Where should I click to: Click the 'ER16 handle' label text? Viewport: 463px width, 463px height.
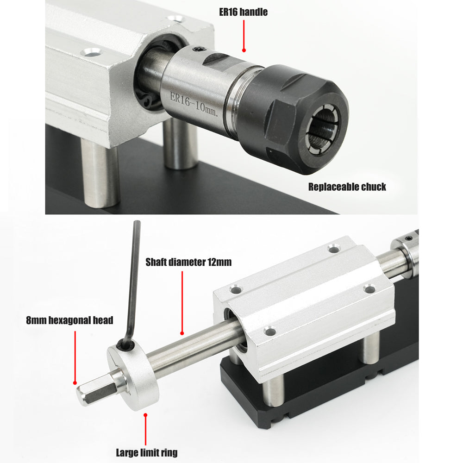pyautogui.click(x=243, y=12)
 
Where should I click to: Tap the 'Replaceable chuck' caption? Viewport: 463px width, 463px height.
pyautogui.click(x=347, y=187)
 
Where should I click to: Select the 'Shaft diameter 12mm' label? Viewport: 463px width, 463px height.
pyautogui.click(x=188, y=263)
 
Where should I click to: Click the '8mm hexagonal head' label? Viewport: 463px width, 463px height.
pyautogui.click(x=70, y=320)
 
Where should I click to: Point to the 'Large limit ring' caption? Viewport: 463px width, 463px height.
pyautogui.click(x=146, y=452)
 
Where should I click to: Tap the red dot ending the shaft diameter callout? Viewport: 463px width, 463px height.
pyautogui.click(x=182, y=332)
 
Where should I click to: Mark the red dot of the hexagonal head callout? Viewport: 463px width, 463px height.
pyautogui.click(x=75, y=383)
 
